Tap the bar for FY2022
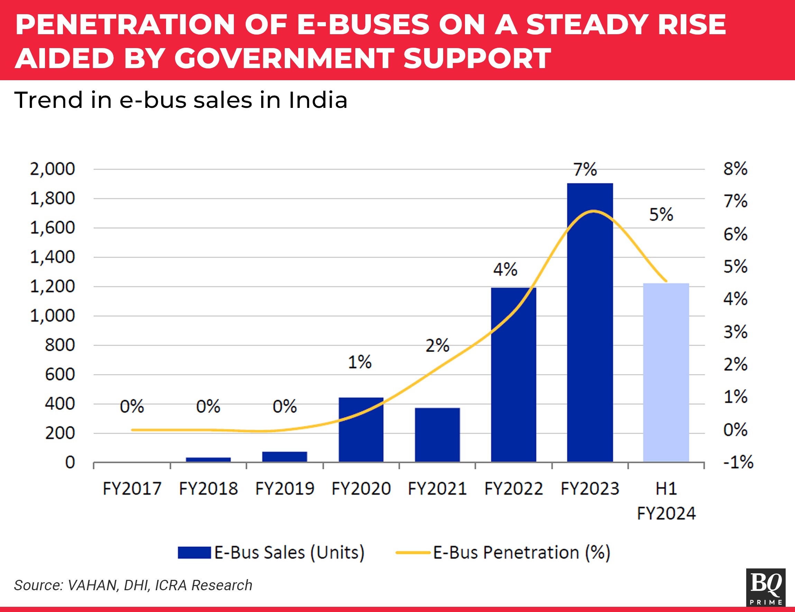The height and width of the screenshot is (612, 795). coord(513,375)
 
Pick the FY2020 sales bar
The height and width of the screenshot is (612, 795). coord(361,430)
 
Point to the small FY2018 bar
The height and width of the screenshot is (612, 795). coord(208,460)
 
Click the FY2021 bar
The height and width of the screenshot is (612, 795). coord(437,435)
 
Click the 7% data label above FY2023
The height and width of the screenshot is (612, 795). coord(585,169)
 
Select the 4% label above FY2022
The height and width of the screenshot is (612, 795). coord(505,270)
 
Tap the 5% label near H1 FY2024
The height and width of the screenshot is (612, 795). coord(661,214)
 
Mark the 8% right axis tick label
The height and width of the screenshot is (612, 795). coord(735,169)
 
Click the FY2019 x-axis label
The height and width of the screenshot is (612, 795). coord(285,488)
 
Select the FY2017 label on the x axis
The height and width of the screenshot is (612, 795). coord(132,488)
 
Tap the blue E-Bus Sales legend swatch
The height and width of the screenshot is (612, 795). coord(194,552)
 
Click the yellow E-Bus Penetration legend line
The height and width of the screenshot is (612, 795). coord(413,552)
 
